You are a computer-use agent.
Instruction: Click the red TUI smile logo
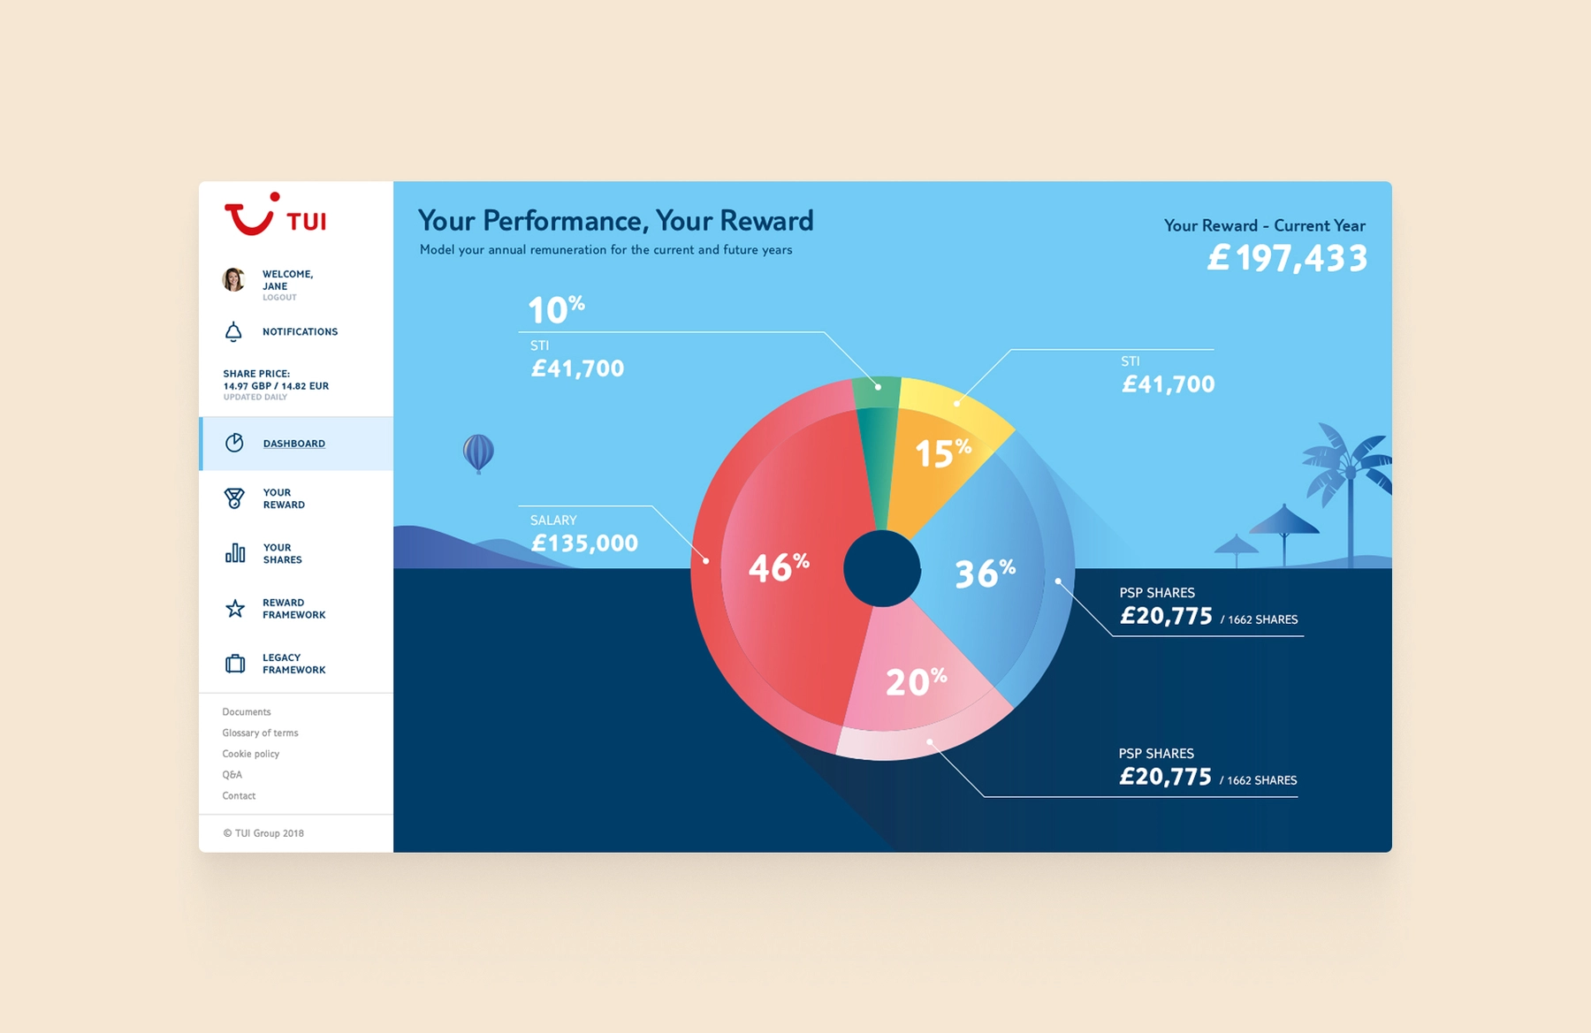(250, 216)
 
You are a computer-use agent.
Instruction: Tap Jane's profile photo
(233, 280)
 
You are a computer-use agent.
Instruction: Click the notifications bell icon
(233, 332)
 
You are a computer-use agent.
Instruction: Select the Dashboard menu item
(293, 444)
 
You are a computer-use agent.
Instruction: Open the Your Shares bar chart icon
(234, 553)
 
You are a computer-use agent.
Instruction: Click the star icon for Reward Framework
(234, 609)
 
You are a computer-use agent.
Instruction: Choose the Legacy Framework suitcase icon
(234, 664)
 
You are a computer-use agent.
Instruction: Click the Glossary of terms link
(260, 733)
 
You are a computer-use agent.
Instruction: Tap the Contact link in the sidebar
(239, 795)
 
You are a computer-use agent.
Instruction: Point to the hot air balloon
(478, 452)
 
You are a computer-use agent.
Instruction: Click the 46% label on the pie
(778, 567)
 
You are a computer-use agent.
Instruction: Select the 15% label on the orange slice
(942, 452)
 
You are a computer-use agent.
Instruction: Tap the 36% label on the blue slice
(985, 573)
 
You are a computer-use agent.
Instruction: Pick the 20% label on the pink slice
(916, 681)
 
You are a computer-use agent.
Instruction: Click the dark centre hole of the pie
(881, 569)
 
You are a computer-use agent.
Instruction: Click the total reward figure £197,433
(1287, 258)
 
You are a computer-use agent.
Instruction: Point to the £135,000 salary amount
(584, 543)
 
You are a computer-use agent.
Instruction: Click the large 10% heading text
(556, 309)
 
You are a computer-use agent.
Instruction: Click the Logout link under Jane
(279, 298)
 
